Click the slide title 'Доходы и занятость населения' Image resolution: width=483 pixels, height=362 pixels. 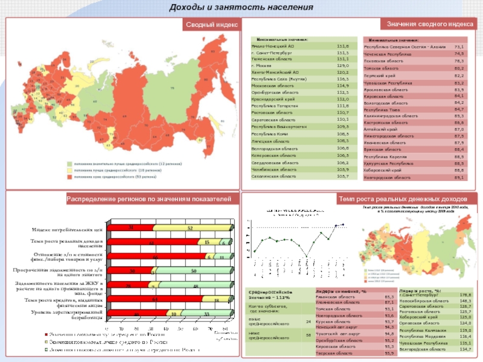pyautogui.click(x=241, y=7)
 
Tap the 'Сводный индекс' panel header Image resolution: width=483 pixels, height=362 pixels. pyautogui.click(x=211, y=25)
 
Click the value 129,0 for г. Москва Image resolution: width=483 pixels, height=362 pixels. pyautogui.click(x=342, y=65)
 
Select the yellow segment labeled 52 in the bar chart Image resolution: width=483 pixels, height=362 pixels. pyautogui.click(x=190, y=228)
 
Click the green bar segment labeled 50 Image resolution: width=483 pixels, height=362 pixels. pyautogui.click(x=193, y=271)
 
